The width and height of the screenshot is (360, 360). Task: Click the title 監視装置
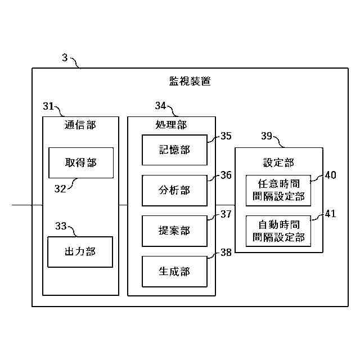(190, 81)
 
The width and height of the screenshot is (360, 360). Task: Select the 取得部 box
(81, 163)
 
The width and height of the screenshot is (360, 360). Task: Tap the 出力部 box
(80, 252)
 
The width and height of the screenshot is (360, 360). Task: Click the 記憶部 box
(174, 150)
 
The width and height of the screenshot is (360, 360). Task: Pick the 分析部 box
(174, 191)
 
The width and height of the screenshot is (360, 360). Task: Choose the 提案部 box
(174, 231)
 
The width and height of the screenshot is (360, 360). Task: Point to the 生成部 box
(174, 272)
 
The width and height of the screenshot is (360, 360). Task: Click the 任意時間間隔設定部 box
(278, 191)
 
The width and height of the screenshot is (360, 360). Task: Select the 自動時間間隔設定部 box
(278, 231)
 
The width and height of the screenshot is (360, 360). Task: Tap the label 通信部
(80, 125)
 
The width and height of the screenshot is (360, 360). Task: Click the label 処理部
(171, 125)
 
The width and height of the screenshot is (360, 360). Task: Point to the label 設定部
(278, 163)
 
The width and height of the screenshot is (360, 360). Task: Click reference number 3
(65, 57)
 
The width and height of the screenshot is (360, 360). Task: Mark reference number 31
(48, 106)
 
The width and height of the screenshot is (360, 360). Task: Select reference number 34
(160, 106)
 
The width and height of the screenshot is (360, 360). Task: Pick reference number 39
(267, 136)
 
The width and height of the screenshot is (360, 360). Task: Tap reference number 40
(331, 175)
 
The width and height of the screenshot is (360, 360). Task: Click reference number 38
(226, 253)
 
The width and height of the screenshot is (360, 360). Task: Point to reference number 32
(60, 189)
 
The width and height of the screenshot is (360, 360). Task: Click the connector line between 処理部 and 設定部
(225, 205)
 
